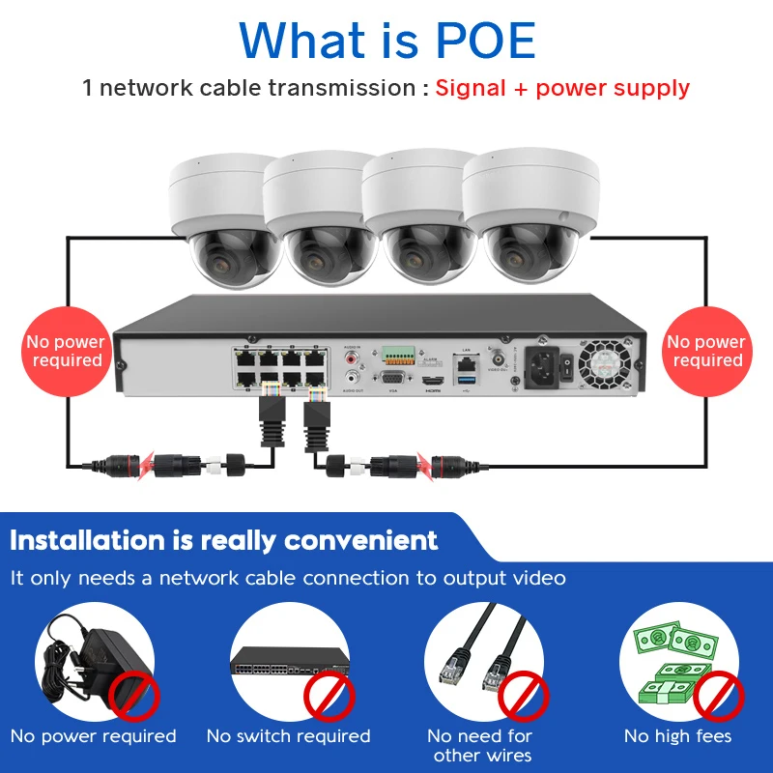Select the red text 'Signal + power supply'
pyautogui.click(x=562, y=88)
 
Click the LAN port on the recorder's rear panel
pyautogui.click(x=467, y=364)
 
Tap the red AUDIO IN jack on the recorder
pyautogui.click(x=350, y=358)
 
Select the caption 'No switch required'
pyautogui.click(x=288, y=736)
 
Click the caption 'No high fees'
pyautogui.click(x=677, y=736)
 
